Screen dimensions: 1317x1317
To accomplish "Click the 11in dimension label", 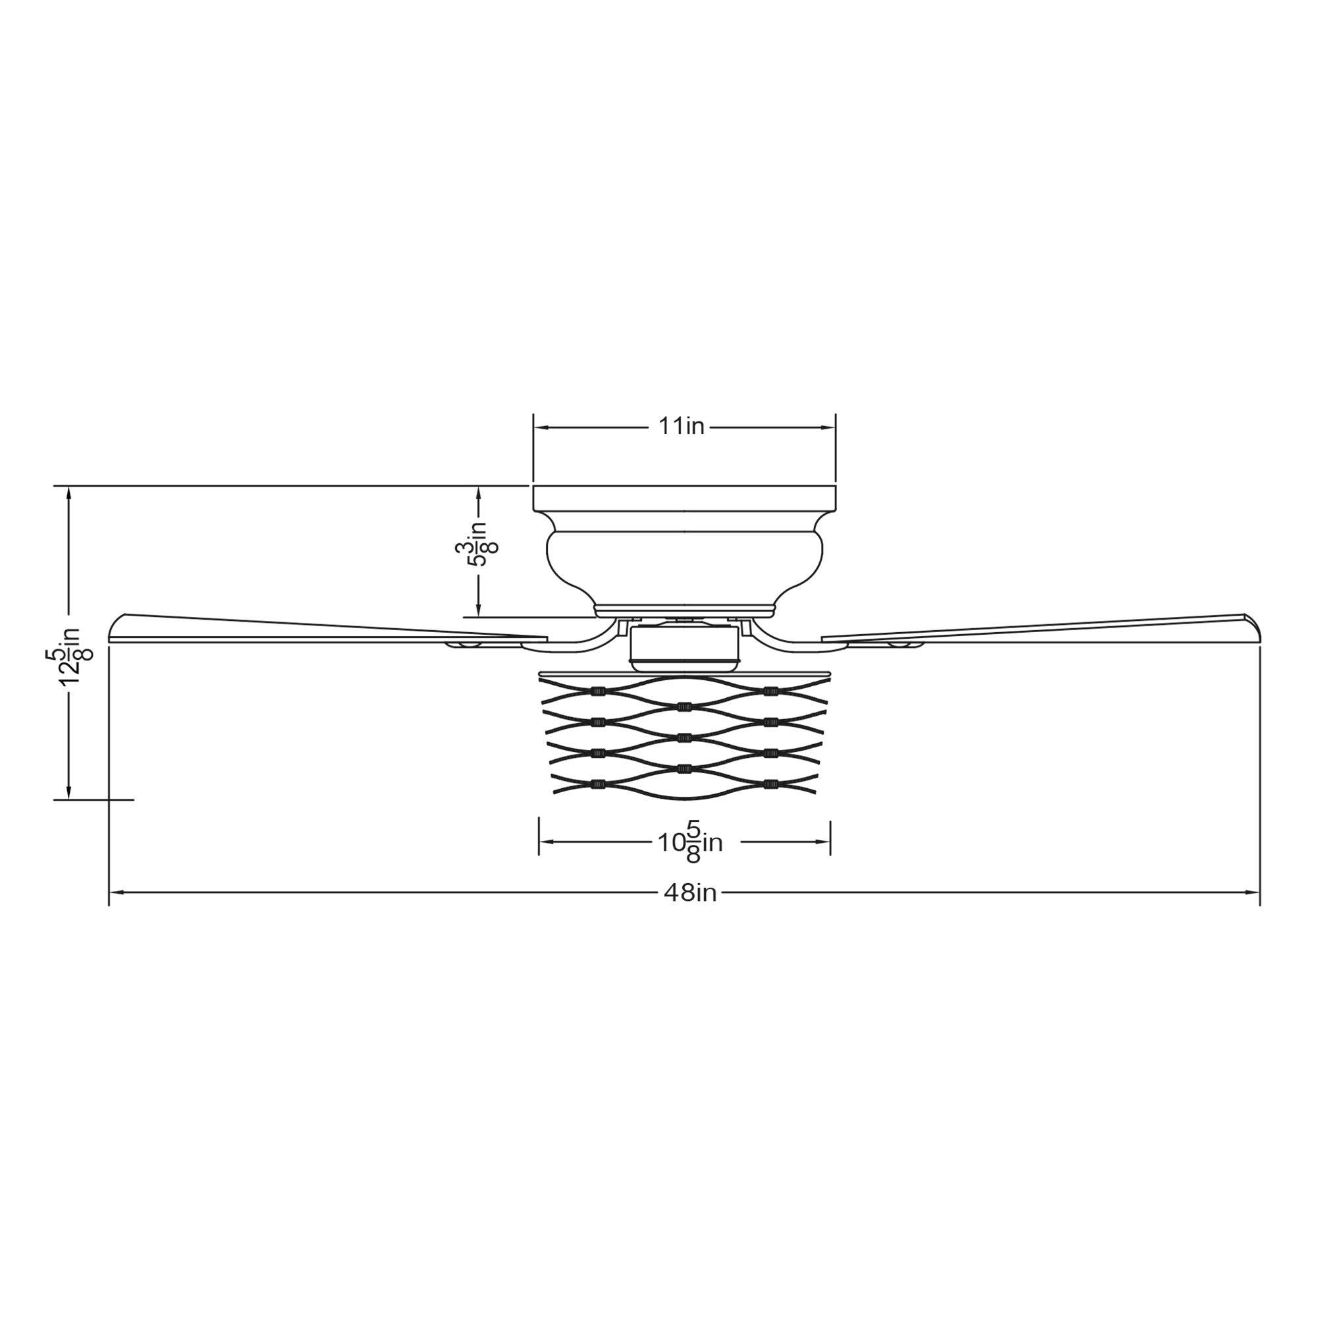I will (681, 427).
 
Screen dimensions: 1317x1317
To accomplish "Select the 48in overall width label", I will (690, 892).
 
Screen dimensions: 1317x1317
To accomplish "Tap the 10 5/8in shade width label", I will (690, 843).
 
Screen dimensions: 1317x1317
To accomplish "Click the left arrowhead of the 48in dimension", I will (117, 892).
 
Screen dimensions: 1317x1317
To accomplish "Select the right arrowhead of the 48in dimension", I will (1252, 892).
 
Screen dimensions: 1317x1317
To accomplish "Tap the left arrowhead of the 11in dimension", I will (541, 427).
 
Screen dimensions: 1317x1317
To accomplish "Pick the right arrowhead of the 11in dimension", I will (828, 427).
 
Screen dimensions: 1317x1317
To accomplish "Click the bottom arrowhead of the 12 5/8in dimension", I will (68, 792).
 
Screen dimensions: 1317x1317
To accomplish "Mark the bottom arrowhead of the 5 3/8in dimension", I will (478, 610).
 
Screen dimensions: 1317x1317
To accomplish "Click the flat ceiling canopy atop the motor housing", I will (684, 498).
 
